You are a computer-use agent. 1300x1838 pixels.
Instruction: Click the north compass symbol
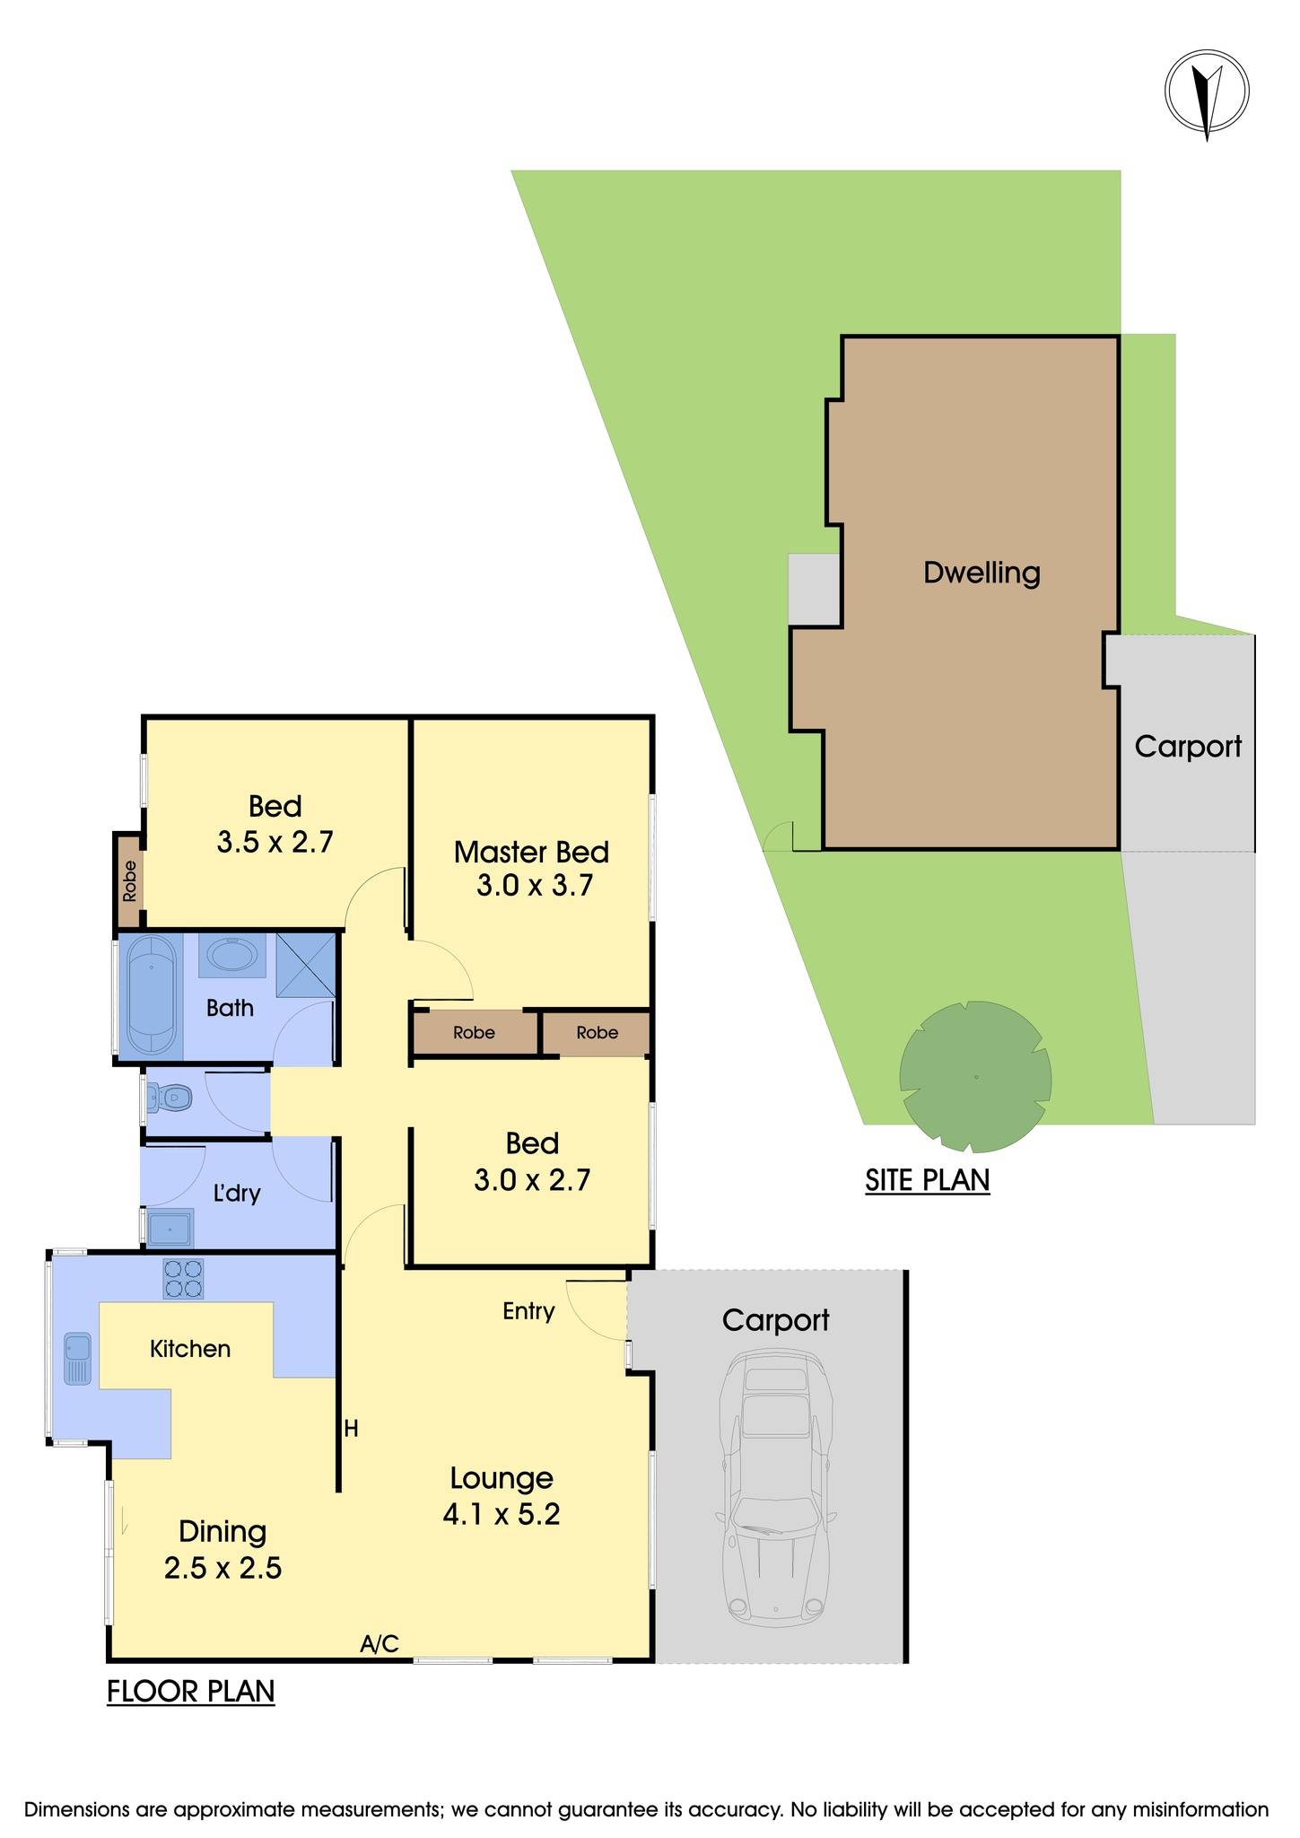click(x=1207, y=91)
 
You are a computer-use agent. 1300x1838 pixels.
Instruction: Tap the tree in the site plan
click(x=975, y=1076)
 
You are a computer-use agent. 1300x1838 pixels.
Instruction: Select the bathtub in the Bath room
click(x=151, y=995)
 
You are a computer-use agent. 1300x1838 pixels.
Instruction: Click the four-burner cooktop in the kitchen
click(x=183, y=1279)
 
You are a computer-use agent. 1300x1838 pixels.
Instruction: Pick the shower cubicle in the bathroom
click(x=305, y=965)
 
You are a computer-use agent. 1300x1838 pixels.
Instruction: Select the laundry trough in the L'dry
click(x=170, y=1228)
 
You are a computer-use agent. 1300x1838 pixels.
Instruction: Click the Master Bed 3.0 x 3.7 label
click(x=532, y=868)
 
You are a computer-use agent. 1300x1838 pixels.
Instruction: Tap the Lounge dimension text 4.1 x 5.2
click(x=502, y=1515)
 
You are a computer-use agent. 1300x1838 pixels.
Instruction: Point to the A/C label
click(x=380, y=1644)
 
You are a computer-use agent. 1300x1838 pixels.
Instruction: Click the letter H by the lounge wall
click(x=351, y=1428)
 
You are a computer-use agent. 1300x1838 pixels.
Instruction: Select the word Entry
click(x=528, y=1311)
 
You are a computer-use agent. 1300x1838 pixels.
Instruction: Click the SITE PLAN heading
click(x=927, y=1179)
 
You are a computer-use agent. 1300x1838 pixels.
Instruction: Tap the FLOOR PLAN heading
click(x=190, y=1691)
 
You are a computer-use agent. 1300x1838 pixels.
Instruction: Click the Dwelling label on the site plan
click(x=982, y=573)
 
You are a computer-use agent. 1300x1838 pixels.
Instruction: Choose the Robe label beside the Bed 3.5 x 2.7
click(x=130, y=880)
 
